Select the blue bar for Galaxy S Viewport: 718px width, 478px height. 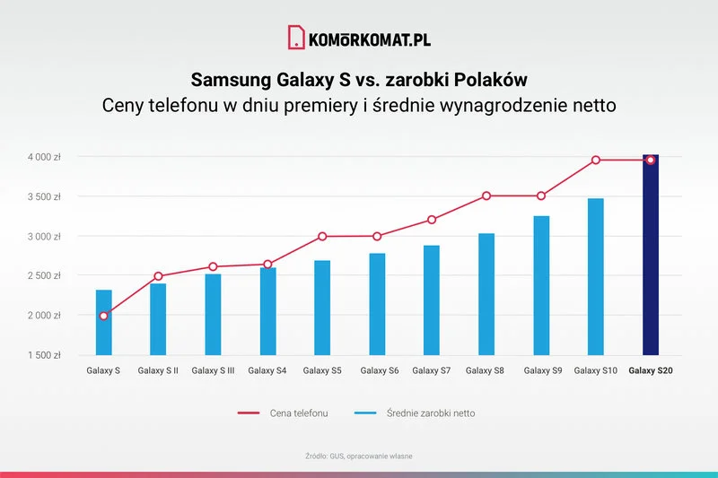104,323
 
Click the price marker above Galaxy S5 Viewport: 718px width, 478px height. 322,237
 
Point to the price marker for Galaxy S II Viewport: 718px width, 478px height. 158,276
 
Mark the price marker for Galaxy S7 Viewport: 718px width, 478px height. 432,220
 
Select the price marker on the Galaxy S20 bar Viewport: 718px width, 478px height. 651,160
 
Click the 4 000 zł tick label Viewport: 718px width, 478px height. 43,156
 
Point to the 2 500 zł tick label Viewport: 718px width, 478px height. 43,275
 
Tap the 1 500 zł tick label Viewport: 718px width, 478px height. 43,355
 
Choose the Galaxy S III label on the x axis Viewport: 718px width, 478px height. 214,369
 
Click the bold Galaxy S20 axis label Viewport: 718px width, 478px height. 651,369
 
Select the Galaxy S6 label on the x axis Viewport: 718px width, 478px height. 377,369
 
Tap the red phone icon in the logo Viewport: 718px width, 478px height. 296,38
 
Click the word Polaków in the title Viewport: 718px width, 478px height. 486,78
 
